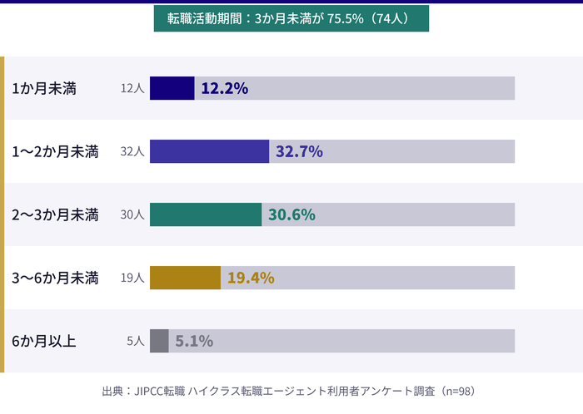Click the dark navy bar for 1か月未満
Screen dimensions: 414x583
[x=172, y=88]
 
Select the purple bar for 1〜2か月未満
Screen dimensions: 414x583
[x=209, y=151]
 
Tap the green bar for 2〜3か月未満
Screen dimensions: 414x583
[x=206, y=214]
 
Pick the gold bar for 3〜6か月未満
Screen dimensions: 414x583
[x=185, y=278]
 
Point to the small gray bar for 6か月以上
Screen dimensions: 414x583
[x=159, y=341]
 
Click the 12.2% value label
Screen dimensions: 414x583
[x=225, y=88]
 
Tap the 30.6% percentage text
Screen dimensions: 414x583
[x=291, y=214]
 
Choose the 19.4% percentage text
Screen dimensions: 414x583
[x=251, y=278]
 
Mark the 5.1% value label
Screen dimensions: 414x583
[x=194, y=341]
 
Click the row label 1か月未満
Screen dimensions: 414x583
[x=44, y=88]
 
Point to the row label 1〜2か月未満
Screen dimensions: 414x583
[x=55, y=151]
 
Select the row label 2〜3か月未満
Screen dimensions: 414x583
[x=55, y=214]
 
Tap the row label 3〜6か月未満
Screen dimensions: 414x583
[x=55, y=278]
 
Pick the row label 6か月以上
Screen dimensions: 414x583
[x=44, y=341]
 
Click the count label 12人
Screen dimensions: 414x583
[x=132, y=88]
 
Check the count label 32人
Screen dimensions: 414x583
[x=132, y=151]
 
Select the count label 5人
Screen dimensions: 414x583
[x=136, y=341]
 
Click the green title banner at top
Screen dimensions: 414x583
[x=291, y=18]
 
